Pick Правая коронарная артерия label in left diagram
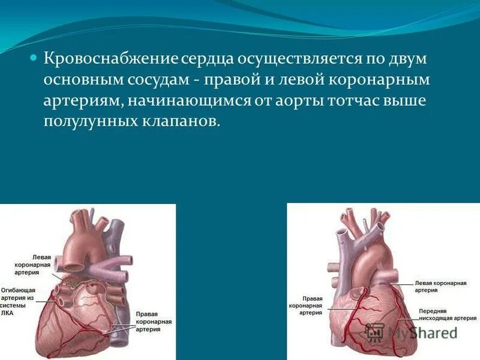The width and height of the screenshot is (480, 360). tap(154, 322)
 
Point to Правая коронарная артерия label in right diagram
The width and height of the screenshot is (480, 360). tap(305, 305)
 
